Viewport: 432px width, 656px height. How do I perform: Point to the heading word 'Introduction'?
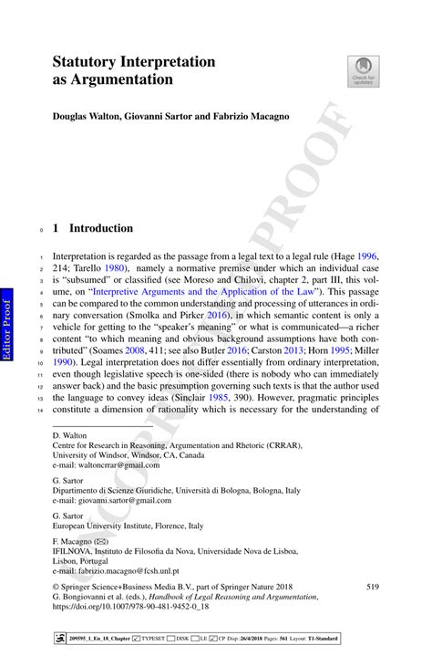tap(102, 228)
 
